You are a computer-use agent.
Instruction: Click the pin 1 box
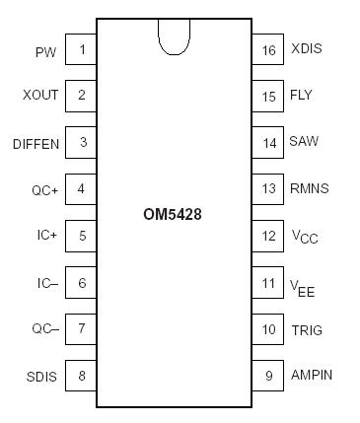pyautogui.click(x=81, y=49)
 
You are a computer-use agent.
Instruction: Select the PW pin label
pyautogui.click(x=45, y=50)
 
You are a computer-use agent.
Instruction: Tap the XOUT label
pyautogui.click(x=40, y=96)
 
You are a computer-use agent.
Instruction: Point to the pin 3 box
pyautogui.click(x=81, y=143)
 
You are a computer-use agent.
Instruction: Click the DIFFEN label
pyautogui.click(x=36, y=143)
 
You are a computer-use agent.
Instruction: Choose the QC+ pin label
pyautogui.click(x=44, y=189)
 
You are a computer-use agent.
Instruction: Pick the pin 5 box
pyautogui.click(x=81, y=236)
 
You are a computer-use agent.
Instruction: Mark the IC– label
pyautogui.click(x=45, y=283)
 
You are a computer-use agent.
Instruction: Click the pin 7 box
pyautogui.click(x=81, y=328)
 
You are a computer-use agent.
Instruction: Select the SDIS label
pyautogui.click(x=41, y=376)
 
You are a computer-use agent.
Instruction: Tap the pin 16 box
pyautogui.click(x=268, y=49)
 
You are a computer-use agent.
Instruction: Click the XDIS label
pyautogui.click(x=307, y=49)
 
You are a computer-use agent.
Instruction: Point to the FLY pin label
pyautogui.click(x=301, y=96)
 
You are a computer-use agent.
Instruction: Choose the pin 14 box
pyautogui.click(x=268, y=143)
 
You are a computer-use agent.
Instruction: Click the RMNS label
pyautogui.click(x=310, y=189)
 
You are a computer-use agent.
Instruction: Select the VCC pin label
pyautogui.click(x=304, y=238)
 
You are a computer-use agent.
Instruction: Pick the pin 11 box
pyautogui.click(x=268, y=283)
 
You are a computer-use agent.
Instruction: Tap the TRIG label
pyautogui.click(x=307, y=329)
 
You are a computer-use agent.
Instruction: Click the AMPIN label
pyautogui.click(x=312, y=375)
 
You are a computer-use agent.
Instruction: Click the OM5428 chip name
pyautogui.click(x=174, y=213)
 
